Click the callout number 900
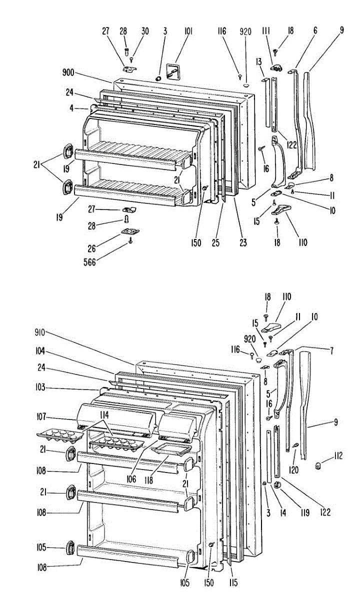pyautogui.click(x=68, y=72)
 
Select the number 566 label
pyautogui.click(x=89, y=262)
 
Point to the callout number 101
pyautogui.click(x=188, y=31)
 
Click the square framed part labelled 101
pyautogui.click(x=173, y=71)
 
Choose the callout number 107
pyautogui.click(x=41, y=416)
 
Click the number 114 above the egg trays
pyautogui.click(x=104, y=415)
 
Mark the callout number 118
pyautogui.click(x=148, y=480)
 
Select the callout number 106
pyautogui.click(x=131, y=479)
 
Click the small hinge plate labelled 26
pyautogui.click(x=130, y=231)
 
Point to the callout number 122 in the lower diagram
pyautogui.click(x=325, y=512)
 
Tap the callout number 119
pyautogui.click(x=305, y=512)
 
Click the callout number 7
pyautogui.click(x=331, y=350)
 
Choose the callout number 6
pyautogui.click(x=315, y=30)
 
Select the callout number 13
pyautogui.click(x=258, y=62)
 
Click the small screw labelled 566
pyautogui.click(x=130, y=240)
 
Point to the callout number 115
pyautogui.click(x=233, y=582)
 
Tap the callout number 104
pyautogui.click(x=40, y=351)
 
